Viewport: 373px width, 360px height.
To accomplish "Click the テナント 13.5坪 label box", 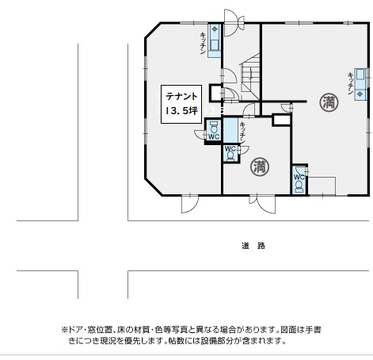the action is [x=181, y=104].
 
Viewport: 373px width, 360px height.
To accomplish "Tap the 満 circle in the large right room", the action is [x=329, y=102].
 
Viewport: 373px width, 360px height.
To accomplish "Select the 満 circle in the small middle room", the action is [x=260, y=167].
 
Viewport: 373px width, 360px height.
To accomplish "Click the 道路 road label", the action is [x=253, y=246].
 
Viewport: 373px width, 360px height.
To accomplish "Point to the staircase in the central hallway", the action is [x=249, y=77].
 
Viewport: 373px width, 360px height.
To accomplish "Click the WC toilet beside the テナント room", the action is [x=214, y=131].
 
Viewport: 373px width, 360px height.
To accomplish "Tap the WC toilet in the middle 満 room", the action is [x=230, y=153].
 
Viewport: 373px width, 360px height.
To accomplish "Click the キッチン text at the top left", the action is [x=203, y=43].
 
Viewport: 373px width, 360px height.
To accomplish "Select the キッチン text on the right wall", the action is [x=351, y=83].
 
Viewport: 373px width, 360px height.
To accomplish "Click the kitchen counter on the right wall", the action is [x=360, y=84].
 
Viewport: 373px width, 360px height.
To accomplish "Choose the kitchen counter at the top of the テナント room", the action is [x=214, y=40].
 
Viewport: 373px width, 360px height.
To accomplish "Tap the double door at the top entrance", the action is [x=234, y=22].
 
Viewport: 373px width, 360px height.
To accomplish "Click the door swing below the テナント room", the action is [x=190, y=204].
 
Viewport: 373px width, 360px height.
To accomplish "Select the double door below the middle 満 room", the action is [x=262, y=204].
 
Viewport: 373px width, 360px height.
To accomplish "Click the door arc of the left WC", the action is [x=200, y=135].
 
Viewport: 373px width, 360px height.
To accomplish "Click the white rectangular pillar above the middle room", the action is [x=282, y=120].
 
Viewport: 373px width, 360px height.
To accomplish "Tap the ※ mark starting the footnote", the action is [x=64, y=330].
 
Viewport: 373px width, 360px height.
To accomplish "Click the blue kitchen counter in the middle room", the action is [x=230, y=131].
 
